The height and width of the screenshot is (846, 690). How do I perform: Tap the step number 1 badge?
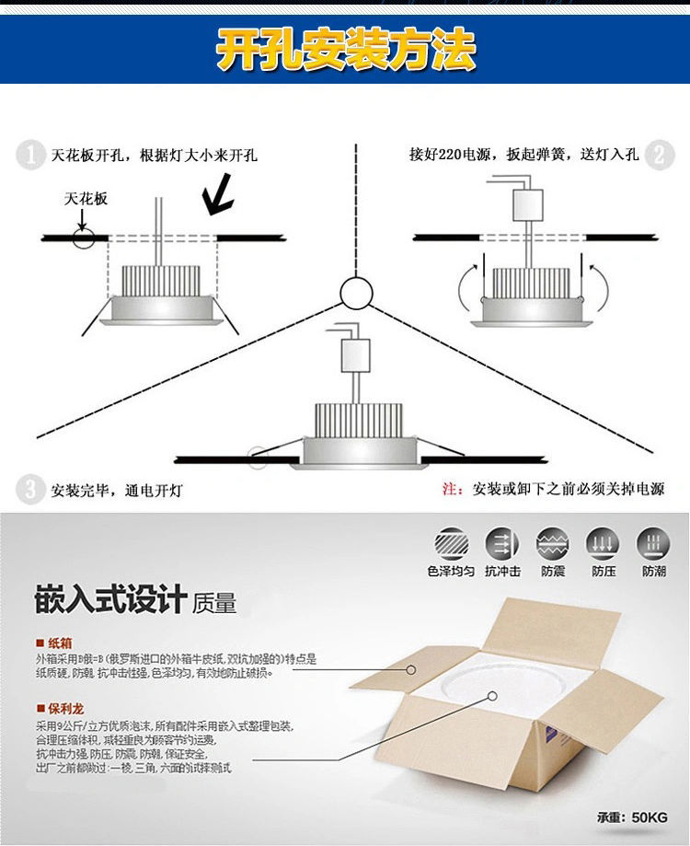pos(31,155)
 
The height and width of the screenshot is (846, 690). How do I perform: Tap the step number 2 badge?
pos(658,154)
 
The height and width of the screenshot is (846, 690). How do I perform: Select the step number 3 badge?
pos(31,489)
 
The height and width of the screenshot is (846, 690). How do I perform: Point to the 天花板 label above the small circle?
pos(86,199)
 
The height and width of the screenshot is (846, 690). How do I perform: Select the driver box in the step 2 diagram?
pos(528,203)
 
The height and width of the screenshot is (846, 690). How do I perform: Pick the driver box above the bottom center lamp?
pos(355,353)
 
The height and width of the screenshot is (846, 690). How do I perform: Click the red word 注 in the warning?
pos(451,489)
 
